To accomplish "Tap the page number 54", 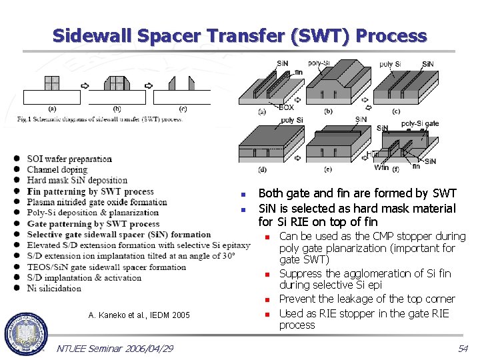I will coord(463,349).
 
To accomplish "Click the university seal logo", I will coord(26,331).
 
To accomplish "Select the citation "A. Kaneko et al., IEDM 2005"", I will coord(139,315).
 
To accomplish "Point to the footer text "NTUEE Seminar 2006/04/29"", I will coord(115,349).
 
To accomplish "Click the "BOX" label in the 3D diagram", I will coord(285,107).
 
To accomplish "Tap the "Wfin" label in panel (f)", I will coord(381,168).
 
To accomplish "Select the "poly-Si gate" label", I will coord(420,124).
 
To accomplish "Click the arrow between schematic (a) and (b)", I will coord(85,85).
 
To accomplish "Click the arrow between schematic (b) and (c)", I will coord(148,85).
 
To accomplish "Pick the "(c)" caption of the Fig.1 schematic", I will coord(183,109).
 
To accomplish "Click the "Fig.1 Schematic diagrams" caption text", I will coord(100,119).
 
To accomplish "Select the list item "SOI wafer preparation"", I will coord(69,159).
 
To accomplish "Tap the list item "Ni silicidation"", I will coord(54,288).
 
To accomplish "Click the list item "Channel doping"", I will coord(57,169).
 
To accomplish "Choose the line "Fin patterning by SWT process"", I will coord(90,191).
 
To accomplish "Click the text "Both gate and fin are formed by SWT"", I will coord(357,193).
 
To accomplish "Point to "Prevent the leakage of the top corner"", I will coord(367,299).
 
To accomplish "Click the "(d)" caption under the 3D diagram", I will coord(262,169).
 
